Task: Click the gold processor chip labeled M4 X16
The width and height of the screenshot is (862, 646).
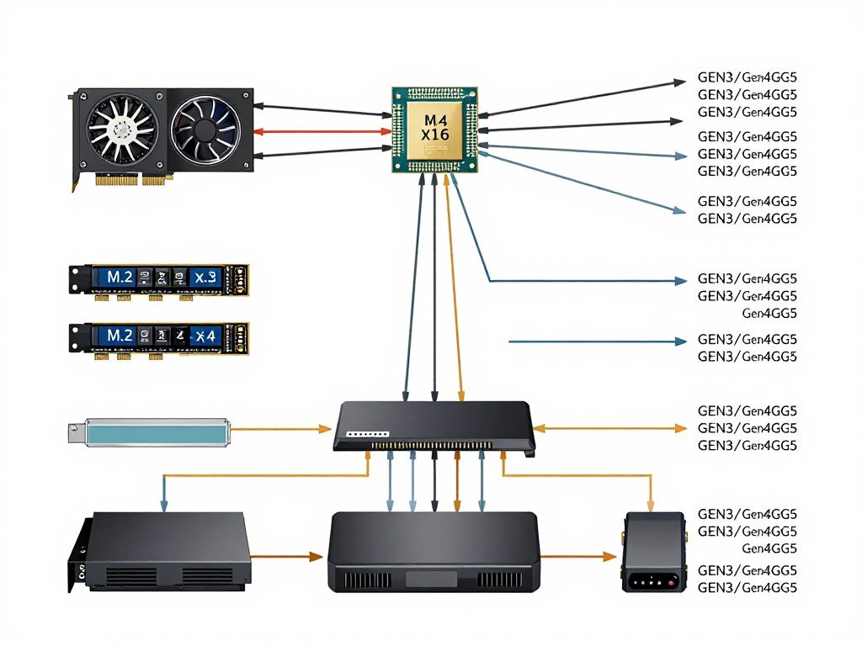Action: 435,130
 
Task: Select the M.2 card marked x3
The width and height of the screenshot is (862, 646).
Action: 159,278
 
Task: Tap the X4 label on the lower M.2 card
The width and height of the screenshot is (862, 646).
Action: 205,335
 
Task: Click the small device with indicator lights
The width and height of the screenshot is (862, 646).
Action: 653,552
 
